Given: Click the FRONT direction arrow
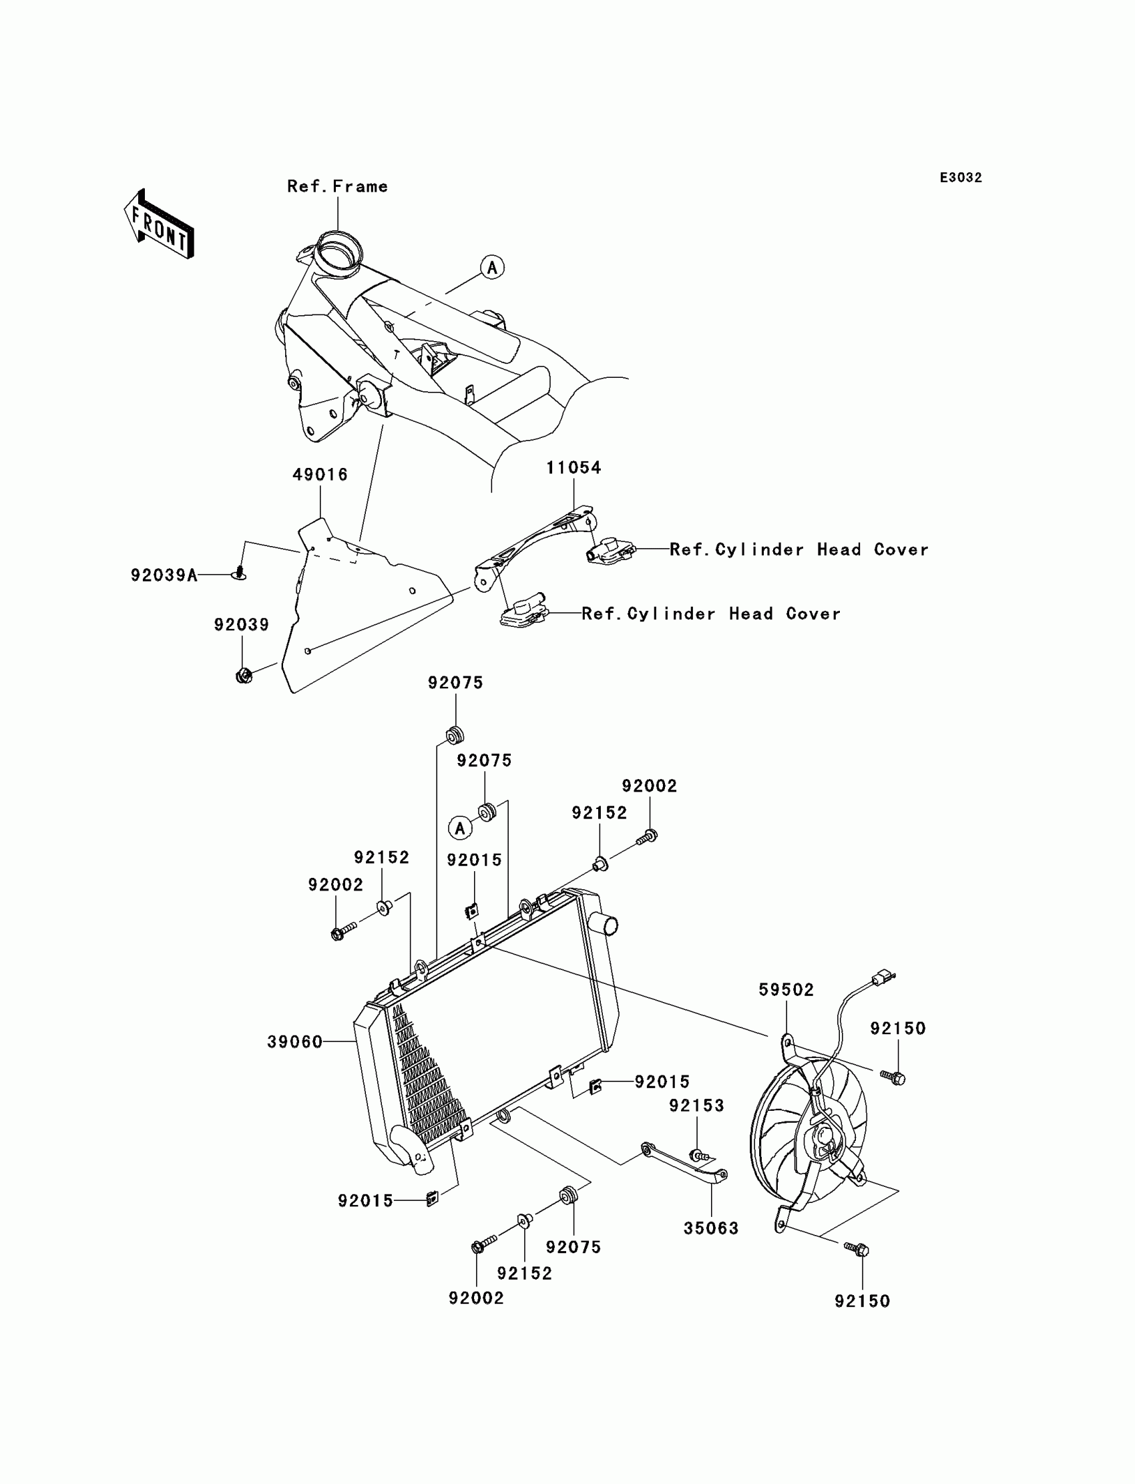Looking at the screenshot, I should point(160,225).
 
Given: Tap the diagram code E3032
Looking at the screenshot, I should point(960,178).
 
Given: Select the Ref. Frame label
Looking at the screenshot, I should point(337,186).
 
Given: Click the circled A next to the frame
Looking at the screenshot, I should point(492,268).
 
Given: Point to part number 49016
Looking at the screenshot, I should point(320,475).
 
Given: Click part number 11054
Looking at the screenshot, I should point(573,467).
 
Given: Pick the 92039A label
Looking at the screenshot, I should point(164,575).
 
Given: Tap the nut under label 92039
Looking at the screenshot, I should point(244,675).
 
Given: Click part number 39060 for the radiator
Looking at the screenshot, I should point(294,1042).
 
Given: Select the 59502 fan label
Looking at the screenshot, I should point(786,989).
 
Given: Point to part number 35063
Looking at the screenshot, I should point(711,1228).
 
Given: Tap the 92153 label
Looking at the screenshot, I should point(696,1105).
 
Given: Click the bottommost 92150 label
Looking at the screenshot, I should point(862,1301).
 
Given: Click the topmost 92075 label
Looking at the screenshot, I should point(455,683).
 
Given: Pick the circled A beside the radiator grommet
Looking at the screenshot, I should point(460,828).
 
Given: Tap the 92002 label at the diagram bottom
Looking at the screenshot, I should point(476,1298).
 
